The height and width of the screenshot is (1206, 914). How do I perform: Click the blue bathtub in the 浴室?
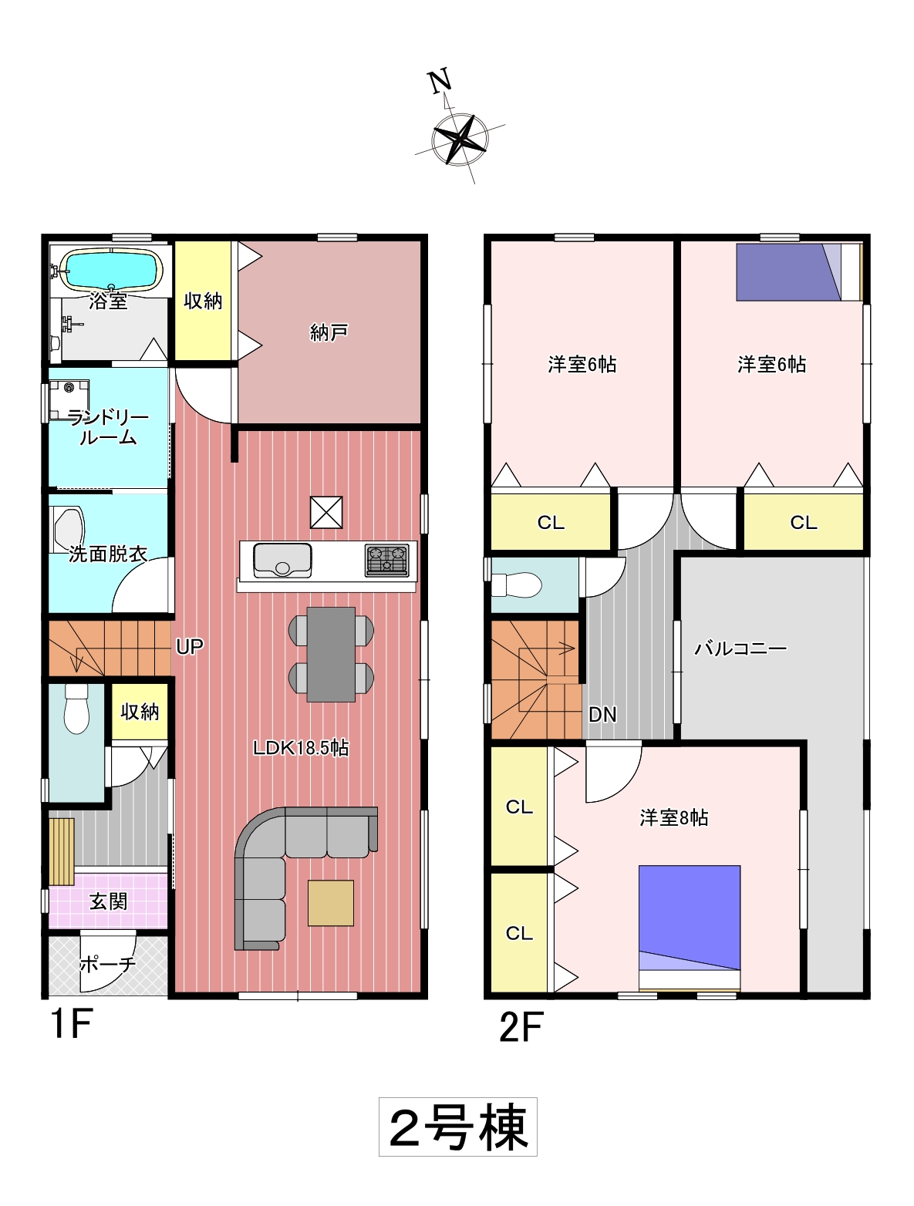111,268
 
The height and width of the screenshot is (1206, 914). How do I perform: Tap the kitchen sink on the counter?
282,560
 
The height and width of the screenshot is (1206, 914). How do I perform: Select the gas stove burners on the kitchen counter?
387,560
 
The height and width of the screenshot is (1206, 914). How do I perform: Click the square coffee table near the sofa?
330,903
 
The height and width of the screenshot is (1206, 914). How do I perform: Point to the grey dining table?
331,654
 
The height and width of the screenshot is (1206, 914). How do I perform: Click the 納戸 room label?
328,332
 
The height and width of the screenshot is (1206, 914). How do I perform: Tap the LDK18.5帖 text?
301,748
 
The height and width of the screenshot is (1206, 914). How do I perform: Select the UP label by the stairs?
190,647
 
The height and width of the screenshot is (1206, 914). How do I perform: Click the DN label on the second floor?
602,714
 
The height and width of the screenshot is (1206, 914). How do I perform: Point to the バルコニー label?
740,648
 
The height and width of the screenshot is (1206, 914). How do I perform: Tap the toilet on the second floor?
516,584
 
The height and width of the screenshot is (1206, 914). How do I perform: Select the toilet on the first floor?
76,708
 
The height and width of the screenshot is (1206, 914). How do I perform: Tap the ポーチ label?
108,964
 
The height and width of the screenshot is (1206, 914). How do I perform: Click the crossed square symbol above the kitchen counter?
326,513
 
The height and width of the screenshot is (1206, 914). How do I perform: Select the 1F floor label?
72,1023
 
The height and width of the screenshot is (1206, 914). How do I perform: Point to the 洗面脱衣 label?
108,554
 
